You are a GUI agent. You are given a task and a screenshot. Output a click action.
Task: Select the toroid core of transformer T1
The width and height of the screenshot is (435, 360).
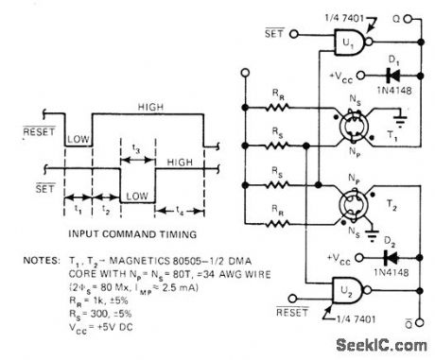click(x=348, y=133)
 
